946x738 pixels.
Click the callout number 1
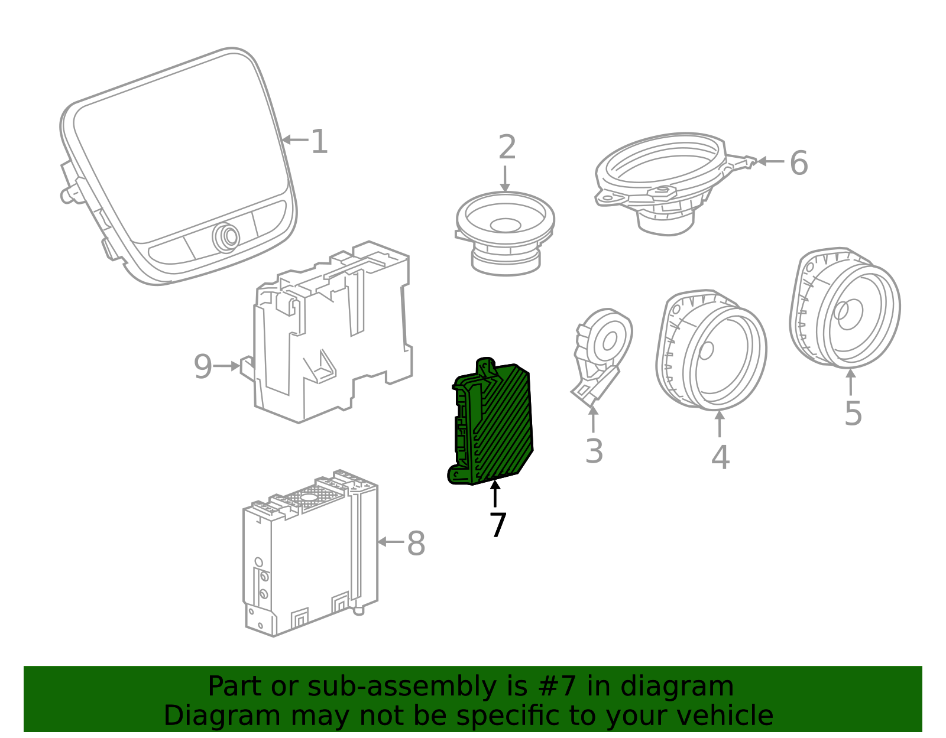coord(319,141)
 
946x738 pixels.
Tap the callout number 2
coord(507,147)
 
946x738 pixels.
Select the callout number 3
coord(594,451)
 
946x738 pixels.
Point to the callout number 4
coord(721,457)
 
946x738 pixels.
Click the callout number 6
coord(799,163)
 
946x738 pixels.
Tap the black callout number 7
coord(498,525)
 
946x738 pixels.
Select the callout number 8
coord(416,543)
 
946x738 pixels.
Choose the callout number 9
coord(203,366)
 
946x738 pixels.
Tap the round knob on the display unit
coord(226,238)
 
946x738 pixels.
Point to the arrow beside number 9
coord(227,366)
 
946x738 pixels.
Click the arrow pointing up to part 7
coord(495,493)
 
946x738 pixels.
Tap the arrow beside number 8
coord(390,542)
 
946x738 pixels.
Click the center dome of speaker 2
coord(506,225)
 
